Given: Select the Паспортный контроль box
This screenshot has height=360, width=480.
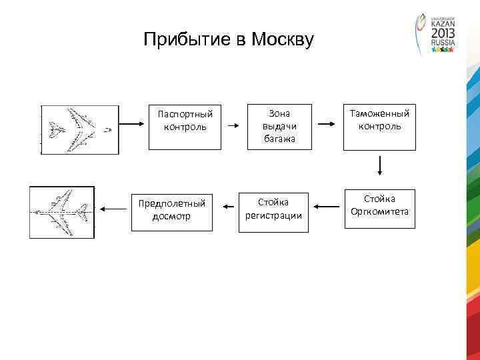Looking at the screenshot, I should tap(185, 126).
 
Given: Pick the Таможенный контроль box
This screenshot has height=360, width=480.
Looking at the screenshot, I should tap(379, 126).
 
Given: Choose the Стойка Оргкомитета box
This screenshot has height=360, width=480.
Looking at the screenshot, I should tap(379, 209).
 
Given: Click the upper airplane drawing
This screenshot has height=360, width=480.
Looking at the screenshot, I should tap(80, 129).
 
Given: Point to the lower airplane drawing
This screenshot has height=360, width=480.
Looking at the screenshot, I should tap(62, 211).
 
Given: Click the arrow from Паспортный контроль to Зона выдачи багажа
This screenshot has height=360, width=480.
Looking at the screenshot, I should tap(233, 125).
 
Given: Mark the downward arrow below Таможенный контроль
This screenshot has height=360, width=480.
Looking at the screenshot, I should tap(379, 167).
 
